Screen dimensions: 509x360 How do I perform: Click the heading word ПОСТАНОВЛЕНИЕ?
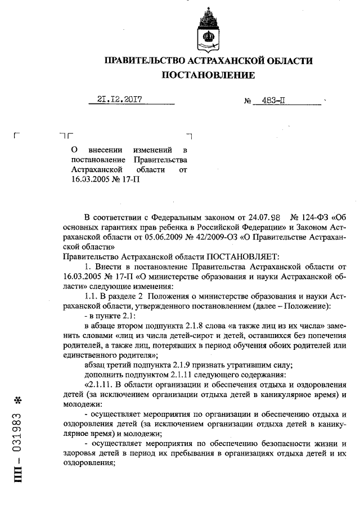pyautogui.click(x=208, y=75)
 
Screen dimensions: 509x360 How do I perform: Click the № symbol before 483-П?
pyautogui.click(x=247, y=101)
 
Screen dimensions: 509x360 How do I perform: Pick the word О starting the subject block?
pyautogui.click(x=75, y=151)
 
